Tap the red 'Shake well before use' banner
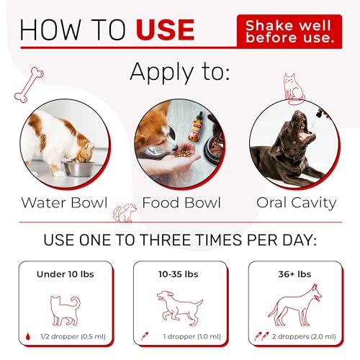(x=289, y=31)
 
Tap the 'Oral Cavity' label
(x=296, y=202)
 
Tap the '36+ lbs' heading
(x=294, y=274)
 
